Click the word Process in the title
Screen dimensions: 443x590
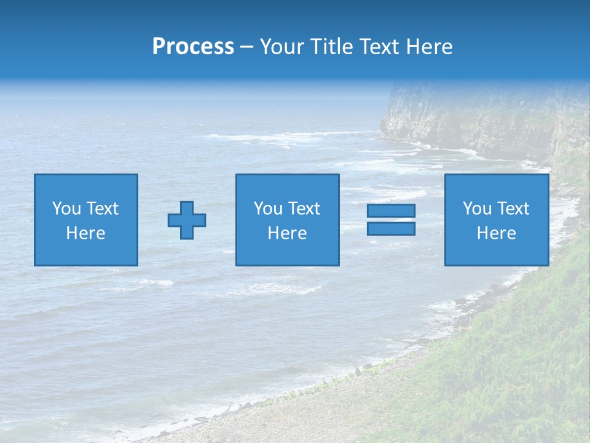(x=193, y=47)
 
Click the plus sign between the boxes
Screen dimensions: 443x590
(x=187, y=220)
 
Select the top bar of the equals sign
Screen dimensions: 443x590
(x=391, y=210)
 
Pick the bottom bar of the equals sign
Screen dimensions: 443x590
(x=391, y=228)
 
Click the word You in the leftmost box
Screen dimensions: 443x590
(x=66, y=209)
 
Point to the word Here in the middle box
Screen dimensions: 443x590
(x=287, y=233)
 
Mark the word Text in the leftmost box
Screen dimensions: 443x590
(x=103, y=209)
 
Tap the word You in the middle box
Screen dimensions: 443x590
(x=268, y=209)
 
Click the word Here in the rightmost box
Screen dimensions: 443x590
(x=497, y=233)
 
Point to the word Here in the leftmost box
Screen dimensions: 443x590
(x=86, y=233)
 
